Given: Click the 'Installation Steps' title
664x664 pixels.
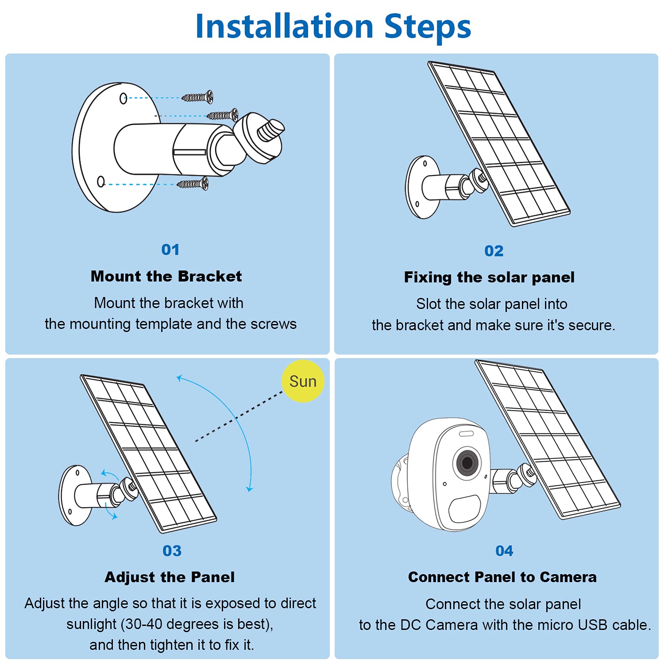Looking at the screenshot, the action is pyautogui.click(x=333, y=27).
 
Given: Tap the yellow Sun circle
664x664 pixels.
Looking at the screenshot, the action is pyautogui.click(x=303, y=381).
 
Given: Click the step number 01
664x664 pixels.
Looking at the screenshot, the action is pyautogui.click(x=170, y=250).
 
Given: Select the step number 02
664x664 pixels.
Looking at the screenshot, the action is pyautogui.click(x=494, y=251).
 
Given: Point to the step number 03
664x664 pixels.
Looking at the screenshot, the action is pyautogui.click(x=172, y=551).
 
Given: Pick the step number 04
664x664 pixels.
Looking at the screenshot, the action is pyautogui.click(x=504, y=551).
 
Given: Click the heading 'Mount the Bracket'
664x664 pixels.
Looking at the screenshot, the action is pyautogui.click(x=166, y=276).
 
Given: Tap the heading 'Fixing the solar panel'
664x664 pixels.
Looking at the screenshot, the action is pyautogui.click(x=489, y=278).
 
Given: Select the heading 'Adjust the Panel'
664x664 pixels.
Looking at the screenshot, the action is pyautogui.click(x=170, y=577).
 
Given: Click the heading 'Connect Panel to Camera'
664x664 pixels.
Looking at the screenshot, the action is pyautogui.click(x=502, y=577).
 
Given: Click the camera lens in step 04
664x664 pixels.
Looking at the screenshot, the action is pyautogui.click(x=467, y=463).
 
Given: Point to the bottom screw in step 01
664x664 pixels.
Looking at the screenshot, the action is pyautogui.click(x=193, y=183).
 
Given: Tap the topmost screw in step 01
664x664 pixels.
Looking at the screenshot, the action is pyautogui.click(x=198, y=97).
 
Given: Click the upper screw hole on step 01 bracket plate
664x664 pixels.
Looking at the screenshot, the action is pyautogui.click(x=124, y=98).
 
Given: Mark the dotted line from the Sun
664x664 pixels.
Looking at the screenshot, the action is pyautogui.click(x=239, y=416).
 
